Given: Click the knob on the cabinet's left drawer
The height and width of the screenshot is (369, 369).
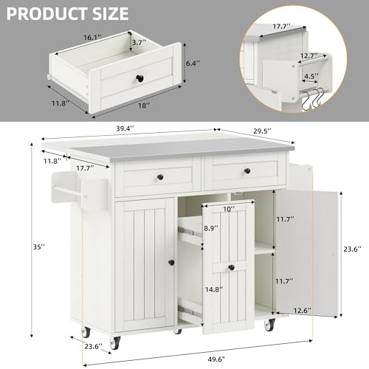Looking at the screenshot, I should point(159,177).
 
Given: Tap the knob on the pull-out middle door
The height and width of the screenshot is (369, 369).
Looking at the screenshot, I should point(230,266).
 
